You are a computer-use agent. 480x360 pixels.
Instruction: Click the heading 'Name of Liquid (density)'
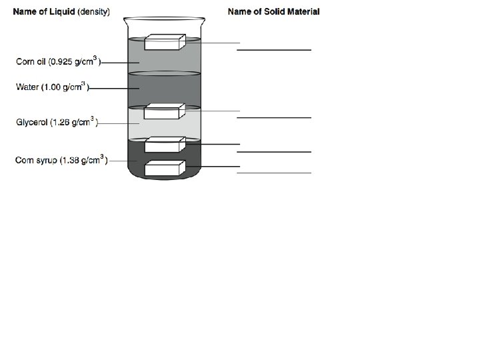tap(62, 12)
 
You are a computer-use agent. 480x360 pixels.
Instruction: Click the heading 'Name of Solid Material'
tap(273, 11)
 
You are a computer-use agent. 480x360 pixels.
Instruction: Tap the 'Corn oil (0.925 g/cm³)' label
tap(58, 62)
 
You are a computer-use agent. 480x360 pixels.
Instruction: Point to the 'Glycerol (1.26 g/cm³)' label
tap(57, 123)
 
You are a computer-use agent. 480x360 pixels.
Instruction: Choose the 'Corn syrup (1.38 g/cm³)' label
tap(61, 160)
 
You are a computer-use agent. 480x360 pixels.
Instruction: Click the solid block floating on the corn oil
tap(164, 42)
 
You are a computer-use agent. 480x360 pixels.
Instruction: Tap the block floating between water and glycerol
tap(164, 111)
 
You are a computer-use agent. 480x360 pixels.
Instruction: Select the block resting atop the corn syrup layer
tap(164, 145)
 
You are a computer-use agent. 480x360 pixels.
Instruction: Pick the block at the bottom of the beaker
tap(164, 168)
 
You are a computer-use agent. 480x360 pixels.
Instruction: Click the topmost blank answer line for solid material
tap(274, 50)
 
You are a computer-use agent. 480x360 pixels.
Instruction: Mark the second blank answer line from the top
tap(274, 117)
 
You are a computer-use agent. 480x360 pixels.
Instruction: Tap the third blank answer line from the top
tap(274, 152)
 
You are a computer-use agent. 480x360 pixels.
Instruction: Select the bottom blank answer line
tap(274, 173)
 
